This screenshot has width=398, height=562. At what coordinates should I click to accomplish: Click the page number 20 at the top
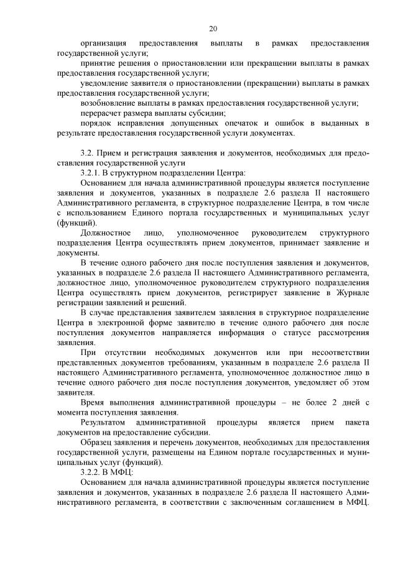pyautogui.click(x=213, y=29)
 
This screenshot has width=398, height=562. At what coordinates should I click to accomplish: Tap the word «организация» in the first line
pyautogui.click(x=103, y=44)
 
